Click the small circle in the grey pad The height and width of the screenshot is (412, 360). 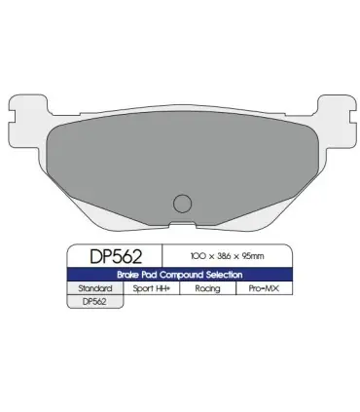(182, 204)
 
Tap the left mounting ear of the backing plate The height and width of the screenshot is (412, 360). (28, 121)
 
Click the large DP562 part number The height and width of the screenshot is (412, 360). (116, 256)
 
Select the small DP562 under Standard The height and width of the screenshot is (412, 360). (94, 302)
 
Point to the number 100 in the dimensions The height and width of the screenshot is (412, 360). (198, 256)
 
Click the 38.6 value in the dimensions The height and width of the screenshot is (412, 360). (224, 256)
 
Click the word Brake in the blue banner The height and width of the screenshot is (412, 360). (128, 275)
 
